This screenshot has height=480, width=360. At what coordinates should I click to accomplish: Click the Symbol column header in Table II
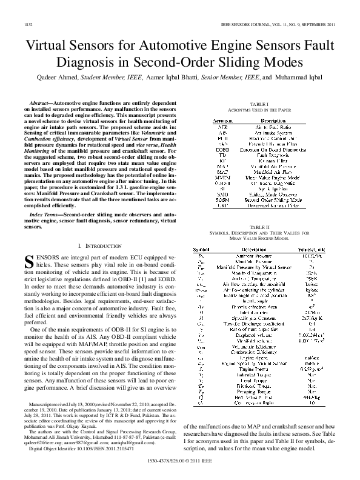coord(201,249)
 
